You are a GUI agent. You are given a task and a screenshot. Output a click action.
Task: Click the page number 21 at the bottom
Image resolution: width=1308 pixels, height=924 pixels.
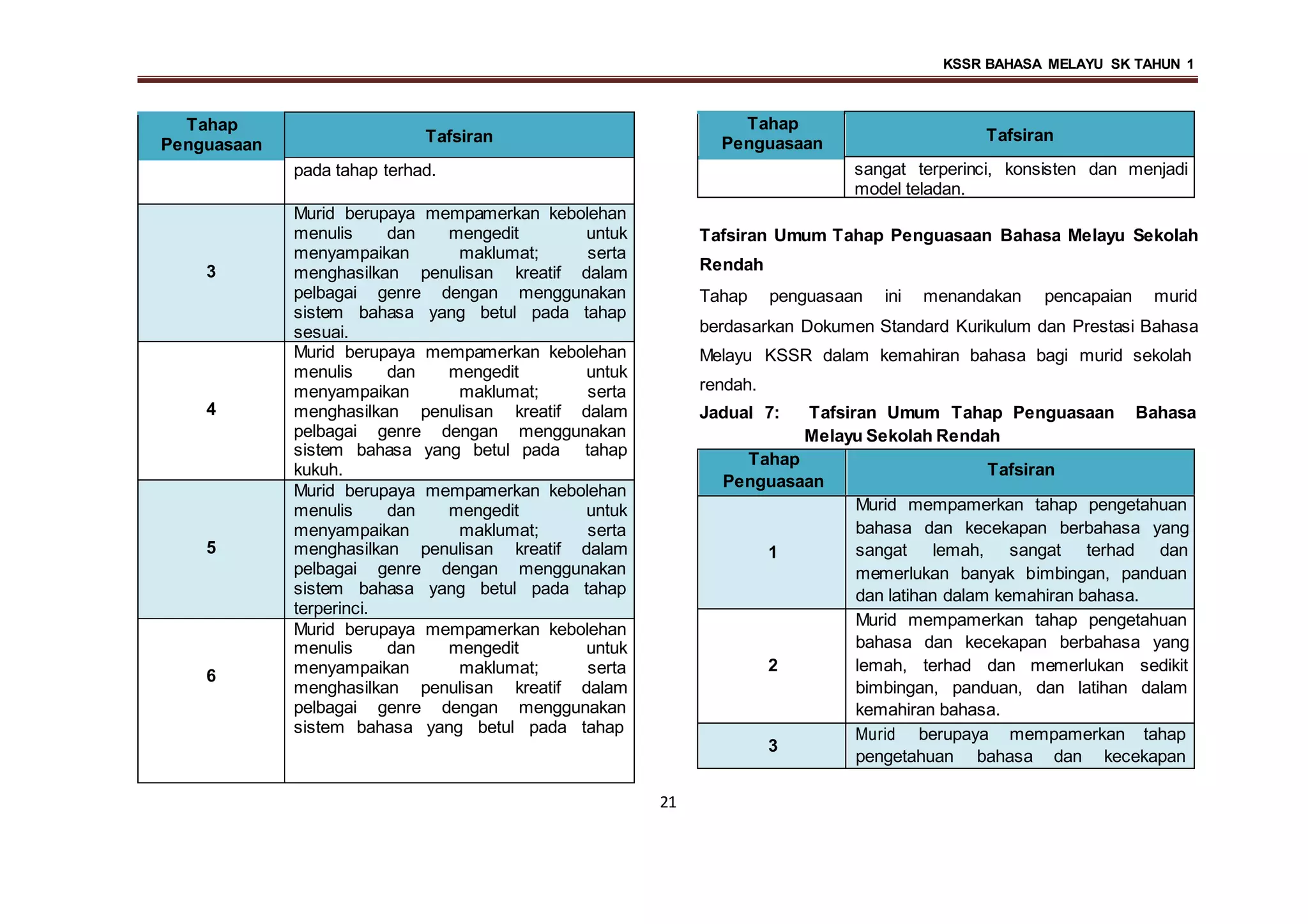(x=667, y=802)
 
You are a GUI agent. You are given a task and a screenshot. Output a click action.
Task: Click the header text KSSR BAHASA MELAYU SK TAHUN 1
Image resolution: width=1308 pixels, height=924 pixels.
(x=1068, y=64)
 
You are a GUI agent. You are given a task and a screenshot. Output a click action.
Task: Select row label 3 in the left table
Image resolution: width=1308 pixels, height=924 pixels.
(x=211, y=272)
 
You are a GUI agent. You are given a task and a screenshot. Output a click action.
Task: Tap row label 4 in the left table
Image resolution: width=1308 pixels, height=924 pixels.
(x=211, y=409)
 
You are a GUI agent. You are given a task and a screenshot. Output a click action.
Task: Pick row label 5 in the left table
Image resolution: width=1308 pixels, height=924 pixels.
(x=211, y=548)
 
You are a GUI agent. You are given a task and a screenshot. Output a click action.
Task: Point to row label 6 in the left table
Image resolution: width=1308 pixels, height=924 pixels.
(x=211, y=676)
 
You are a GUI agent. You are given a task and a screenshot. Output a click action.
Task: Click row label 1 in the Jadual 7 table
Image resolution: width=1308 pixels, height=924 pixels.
(x=772, y=552)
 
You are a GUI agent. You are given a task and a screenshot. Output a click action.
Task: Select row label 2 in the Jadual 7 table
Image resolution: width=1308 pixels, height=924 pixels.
(x=772, y=665)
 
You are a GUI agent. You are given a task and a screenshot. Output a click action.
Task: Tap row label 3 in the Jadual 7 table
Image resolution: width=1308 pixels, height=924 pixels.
(x=772, y=745)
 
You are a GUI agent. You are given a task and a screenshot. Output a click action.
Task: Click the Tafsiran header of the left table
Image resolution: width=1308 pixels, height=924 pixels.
(x=459, y=136)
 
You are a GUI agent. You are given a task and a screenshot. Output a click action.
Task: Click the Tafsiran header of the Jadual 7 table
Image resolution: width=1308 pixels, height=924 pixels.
(x=1020, y=470)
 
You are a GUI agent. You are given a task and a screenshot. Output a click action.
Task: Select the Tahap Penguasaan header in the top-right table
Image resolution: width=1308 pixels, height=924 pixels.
(x=772, y=133)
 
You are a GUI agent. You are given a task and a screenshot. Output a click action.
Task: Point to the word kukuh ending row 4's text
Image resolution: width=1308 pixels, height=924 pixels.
(x=317, y=470)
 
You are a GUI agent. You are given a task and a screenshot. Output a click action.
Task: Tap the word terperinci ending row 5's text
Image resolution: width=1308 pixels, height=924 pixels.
(x=330, y=608)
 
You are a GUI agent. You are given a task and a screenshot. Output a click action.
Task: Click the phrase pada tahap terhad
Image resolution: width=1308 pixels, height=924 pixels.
(x=364, y=170)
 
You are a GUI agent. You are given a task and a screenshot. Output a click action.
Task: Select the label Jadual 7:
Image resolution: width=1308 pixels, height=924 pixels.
(x=739, y=413)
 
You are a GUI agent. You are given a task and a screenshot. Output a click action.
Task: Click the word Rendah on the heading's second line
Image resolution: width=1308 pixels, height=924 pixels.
(x=731, y=264)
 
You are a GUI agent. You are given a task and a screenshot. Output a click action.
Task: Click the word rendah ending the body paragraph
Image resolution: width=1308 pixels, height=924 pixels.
(x=727, y=385)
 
